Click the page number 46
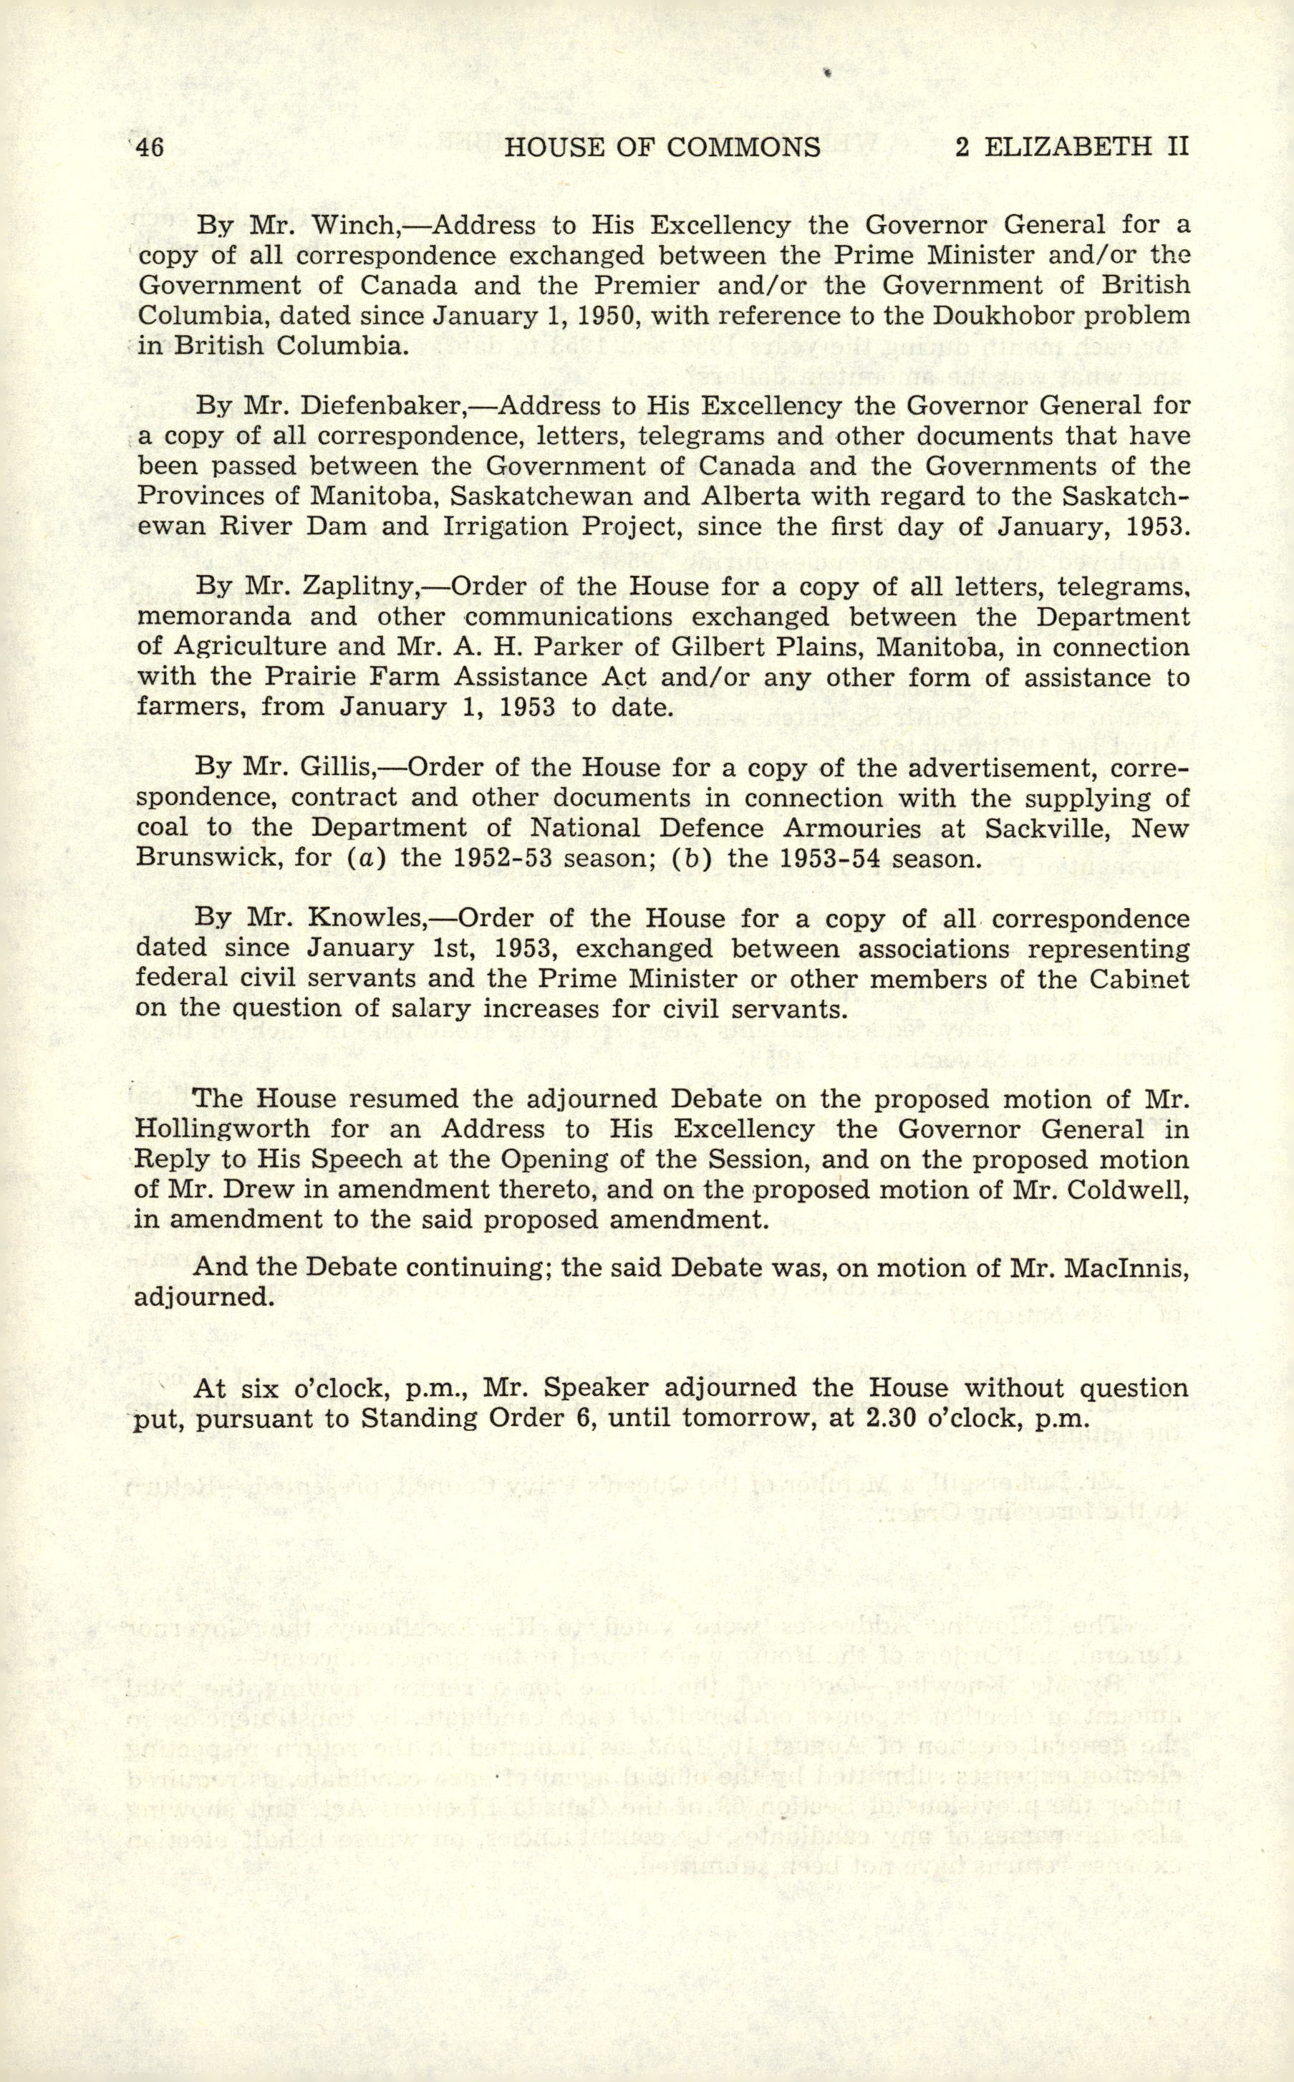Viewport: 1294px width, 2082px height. coord(148,148)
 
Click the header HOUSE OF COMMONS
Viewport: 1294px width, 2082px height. coord(662,148)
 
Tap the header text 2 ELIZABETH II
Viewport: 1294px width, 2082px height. coord(1071,148)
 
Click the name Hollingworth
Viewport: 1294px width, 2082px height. coord(223,1129)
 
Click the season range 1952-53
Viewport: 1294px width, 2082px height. coord(483,857)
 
